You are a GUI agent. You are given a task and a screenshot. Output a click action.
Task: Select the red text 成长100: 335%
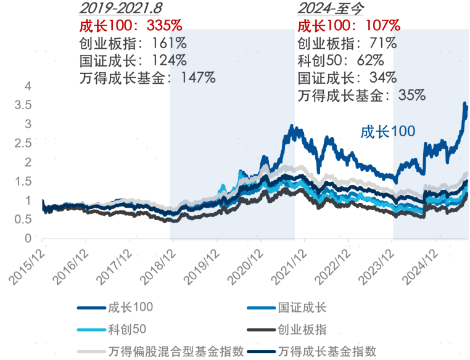click(131, 26)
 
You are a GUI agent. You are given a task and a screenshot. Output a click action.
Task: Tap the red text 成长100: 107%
click(349, 26)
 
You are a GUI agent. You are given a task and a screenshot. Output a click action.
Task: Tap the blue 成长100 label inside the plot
click(387, 131)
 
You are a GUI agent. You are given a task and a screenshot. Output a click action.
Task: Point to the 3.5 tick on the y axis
click(22, 105)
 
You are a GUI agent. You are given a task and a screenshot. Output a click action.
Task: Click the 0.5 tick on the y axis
click(22, 219)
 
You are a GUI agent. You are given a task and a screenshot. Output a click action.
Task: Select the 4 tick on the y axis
click(27, 87)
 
